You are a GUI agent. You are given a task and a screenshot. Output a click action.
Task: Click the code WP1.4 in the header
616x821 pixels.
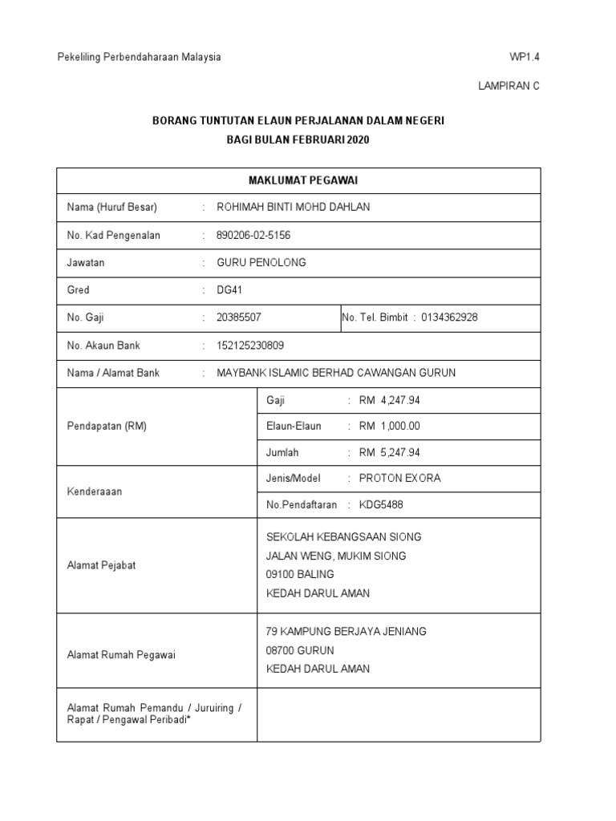[x=525, y=57]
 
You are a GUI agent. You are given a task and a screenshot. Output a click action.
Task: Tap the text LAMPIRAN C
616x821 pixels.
[x=509, y=87]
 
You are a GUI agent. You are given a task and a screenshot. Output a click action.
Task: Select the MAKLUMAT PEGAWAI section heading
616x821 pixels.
[x=298, y=180]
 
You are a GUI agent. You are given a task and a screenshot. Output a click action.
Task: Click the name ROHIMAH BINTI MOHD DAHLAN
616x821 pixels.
[x=294, y=208]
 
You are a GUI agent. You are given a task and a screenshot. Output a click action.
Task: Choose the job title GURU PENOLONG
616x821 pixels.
[x=261, y=263]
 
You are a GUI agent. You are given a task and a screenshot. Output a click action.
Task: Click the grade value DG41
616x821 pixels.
[x=229, y=290]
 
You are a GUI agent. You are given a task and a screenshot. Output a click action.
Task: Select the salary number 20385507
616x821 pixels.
[x=239, y=317]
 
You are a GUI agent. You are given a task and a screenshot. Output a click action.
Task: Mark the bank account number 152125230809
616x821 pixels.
[x=250, y=346]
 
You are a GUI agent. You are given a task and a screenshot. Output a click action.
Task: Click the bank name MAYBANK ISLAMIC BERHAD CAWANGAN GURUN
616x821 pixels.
[x=336, y=373]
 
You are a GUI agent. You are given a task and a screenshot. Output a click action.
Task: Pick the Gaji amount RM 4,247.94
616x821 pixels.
[x=390, y=400]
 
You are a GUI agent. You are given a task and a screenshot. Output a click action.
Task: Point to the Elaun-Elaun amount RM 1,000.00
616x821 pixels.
[x=390, y=427]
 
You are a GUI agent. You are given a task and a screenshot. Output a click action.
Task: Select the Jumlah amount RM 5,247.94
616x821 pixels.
[x=390, y=453]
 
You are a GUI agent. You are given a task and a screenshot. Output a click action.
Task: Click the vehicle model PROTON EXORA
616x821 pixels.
[x=399, y=479]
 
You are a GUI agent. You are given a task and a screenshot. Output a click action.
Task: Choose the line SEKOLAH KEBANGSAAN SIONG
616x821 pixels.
[x=343, y=537]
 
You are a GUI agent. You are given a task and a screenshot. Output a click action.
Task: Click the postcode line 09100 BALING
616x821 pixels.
[x=300, y=575]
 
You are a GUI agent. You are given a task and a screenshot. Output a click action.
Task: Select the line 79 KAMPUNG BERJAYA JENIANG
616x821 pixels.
[x=346, y=632]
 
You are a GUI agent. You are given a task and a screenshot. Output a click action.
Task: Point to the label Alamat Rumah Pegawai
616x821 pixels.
[x=120, y=655]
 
